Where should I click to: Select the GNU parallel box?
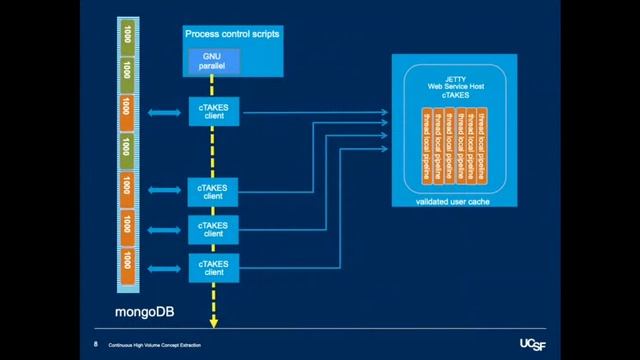pyautogui.click(x=212, y=61)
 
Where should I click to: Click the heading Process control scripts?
pyautogui.click(x=232, y=35)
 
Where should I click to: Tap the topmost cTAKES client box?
pyautogui.click(x=213, y=112)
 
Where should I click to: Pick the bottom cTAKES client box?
pyautogui.click(x=213, y=267)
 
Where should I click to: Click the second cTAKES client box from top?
pyautogui.click(x=213, y=190)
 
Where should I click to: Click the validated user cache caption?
pyautogui.click(x=455, y=201)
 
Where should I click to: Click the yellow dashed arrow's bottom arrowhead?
pyautogui.click(x=213, y=321)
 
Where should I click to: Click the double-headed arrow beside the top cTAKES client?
pyautogui.click(x=164, y=112)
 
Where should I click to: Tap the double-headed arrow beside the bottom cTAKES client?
pyautogui.click(x=164, y=267)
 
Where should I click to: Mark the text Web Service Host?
pyautogui.click(x=455, y=86)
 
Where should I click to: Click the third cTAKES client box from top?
pyautogui.click(x=213, y=229)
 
